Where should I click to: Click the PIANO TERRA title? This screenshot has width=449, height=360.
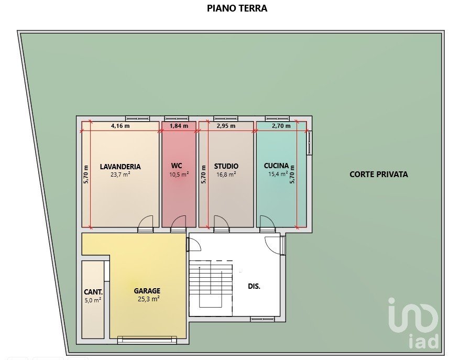tap(237, 8)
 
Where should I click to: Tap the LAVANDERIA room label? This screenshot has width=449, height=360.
tap(121, 167)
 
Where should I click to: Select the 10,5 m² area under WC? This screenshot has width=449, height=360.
tap(179, 174)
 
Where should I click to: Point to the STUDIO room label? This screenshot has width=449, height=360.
tap(226, 166)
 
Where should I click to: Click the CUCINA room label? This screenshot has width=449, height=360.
tap(276, 166)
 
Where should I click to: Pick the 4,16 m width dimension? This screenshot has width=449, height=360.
tap(121, 126)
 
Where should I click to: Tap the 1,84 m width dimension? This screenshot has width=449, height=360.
tap(179, 126)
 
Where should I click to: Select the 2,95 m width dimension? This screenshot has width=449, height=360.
tap(226, 126)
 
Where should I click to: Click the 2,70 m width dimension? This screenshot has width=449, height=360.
tap(281, 126)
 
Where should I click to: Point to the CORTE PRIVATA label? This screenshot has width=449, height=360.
tap(379, 174)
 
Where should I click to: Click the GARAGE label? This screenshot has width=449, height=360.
tap(147, 291)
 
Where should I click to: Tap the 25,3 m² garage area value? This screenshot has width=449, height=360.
tap(149, 299)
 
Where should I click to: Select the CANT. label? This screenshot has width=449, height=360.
tap(93, 292)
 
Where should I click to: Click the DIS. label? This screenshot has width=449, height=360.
tap(254, 286)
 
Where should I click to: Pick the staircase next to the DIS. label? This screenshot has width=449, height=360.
tap(211, 283)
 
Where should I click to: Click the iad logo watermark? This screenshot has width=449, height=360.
tap(413, 323)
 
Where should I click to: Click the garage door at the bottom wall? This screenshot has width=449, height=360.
tap(147, 340)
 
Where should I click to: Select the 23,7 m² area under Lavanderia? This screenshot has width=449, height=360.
tap(121, 174)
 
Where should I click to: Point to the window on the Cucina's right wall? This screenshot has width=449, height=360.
tap(309, 143)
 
